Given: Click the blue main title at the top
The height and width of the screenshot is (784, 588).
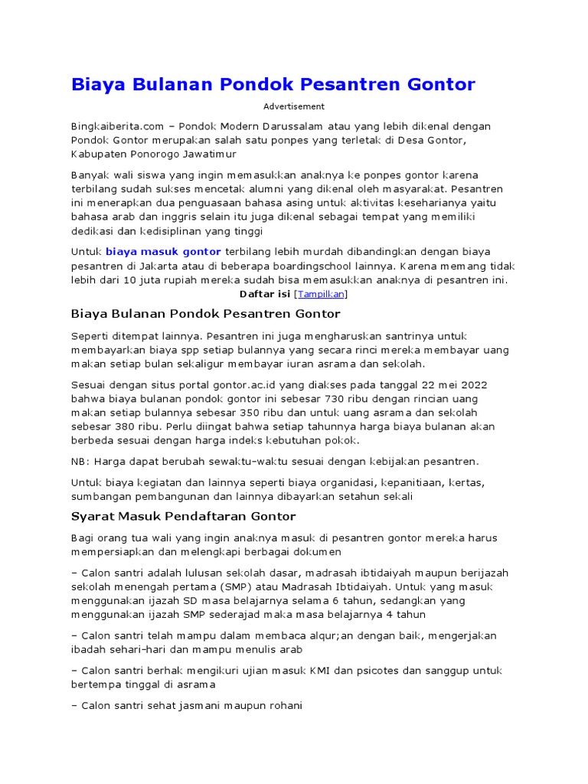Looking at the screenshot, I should pos(273,83).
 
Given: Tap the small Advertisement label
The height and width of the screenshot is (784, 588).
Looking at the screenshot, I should pos(294,106).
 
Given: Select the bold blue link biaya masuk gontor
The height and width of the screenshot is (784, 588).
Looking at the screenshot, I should pos(163,251).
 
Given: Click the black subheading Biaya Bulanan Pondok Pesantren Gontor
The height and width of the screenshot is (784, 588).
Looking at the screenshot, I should pos(205,314).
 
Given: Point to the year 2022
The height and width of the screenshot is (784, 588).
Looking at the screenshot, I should pos(472,384).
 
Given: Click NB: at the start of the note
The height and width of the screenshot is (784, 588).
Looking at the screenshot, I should pos(80,462).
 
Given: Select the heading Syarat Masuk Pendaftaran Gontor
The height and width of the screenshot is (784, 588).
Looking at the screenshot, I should pos(183,517).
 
